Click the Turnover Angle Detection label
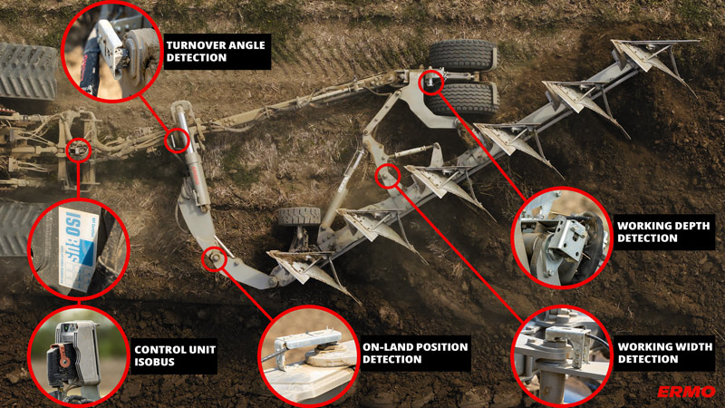[217, 52]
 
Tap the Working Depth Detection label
[663, 232]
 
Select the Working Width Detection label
[665, 353]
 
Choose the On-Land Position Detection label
[415, 353]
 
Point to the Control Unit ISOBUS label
[175, 355]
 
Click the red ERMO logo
[686, 392]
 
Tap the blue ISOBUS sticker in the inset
[78, 248]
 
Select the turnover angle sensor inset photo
[111, 52]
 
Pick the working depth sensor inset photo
[562, 238]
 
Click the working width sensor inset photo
[562, 356]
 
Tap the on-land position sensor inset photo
[309, 356]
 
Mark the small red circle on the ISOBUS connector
[79, 150]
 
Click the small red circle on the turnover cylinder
[177, 141]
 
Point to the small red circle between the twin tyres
[431, 82]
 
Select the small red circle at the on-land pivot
[214, 259]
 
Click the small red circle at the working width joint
[388, 176]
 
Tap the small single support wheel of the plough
[299, 216]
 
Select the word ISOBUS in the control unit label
[154, 362]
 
